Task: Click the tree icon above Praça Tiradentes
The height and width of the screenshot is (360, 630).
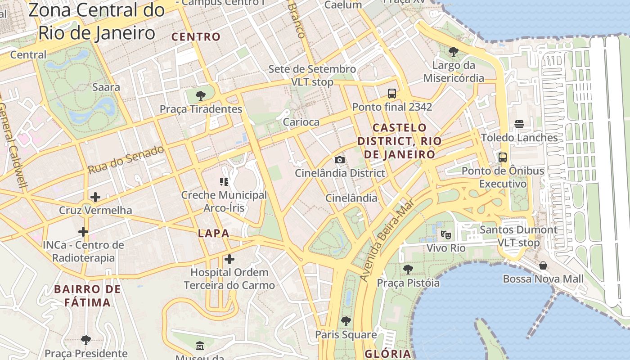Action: pos(201,95)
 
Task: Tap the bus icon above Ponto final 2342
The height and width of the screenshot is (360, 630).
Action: pos(392,94)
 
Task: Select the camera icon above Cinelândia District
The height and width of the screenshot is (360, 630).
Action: pos(340,160)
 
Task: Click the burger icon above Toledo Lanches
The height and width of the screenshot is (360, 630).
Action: pos(519,124)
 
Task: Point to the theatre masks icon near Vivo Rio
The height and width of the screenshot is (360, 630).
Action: pos(445,234)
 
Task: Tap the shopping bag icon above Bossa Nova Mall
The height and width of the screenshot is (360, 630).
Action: pos(543,265)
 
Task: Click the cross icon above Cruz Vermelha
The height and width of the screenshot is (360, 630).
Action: pos(95,197)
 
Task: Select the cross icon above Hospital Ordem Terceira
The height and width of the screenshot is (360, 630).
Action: pos(229,259)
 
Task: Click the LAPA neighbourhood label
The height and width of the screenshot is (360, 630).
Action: pos(214,234)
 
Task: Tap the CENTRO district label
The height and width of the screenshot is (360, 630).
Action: pos(197,37)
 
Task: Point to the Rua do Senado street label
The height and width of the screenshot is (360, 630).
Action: pos(126,160)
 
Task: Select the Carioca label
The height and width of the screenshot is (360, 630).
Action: pos(301,122)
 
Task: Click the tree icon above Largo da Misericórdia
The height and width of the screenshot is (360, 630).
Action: pos(454,52)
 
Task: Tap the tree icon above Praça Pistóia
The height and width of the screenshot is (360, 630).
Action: pos(408,270)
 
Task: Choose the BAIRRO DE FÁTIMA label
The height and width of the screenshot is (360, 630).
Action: pos(87,296)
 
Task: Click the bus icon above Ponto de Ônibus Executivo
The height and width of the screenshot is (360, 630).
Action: pos(503,157)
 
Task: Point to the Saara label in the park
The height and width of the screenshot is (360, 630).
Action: pos(106,87)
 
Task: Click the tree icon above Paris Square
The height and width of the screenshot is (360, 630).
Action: pos(346,321)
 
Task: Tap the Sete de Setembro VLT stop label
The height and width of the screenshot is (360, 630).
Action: pos(312,76)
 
